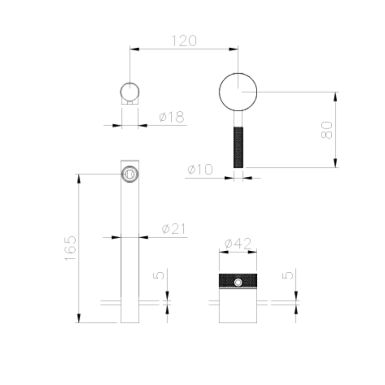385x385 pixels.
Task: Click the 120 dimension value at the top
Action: point(183,41)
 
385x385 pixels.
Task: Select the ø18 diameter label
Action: point(171,117)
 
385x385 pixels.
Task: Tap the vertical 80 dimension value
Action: point(327,130)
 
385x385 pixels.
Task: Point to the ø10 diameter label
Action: point(200,169)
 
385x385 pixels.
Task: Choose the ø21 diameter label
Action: point(174,229)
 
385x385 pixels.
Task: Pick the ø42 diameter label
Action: point(238,243)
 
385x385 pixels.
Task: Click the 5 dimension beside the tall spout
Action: point(159,275)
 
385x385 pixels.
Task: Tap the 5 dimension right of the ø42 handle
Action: point(288,275)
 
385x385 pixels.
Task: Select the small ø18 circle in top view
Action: point(130,91)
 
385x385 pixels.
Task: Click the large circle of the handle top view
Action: point(238,92)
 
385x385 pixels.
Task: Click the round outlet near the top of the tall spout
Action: point(130,174)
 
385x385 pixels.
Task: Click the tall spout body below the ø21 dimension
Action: point(130,271)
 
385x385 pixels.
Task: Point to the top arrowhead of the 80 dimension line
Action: point(335,95)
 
